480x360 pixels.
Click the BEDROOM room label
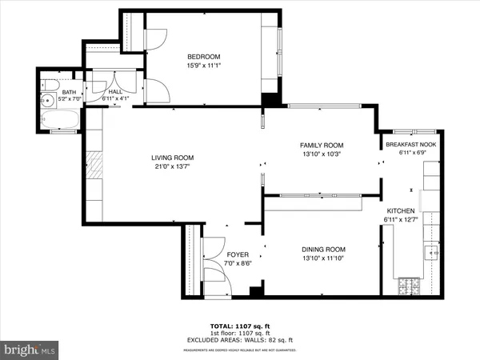[203, 56]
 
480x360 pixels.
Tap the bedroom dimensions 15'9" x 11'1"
[203, 66]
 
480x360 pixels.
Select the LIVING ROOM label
[173, 158]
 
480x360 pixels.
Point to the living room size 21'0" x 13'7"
[173, 167]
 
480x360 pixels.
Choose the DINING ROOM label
[324, 249]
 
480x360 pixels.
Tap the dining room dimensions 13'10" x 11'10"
[324, 258]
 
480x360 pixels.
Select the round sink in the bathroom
[47, 102]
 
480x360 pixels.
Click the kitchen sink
[433, 252]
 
